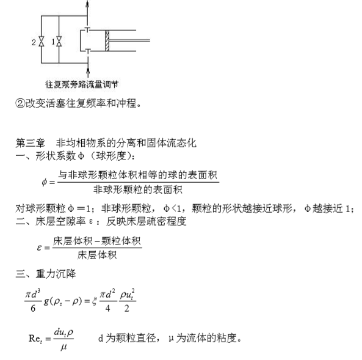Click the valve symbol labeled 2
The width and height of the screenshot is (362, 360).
42,42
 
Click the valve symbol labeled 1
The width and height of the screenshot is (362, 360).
60,42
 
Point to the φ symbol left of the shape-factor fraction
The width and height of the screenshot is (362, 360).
43,182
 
